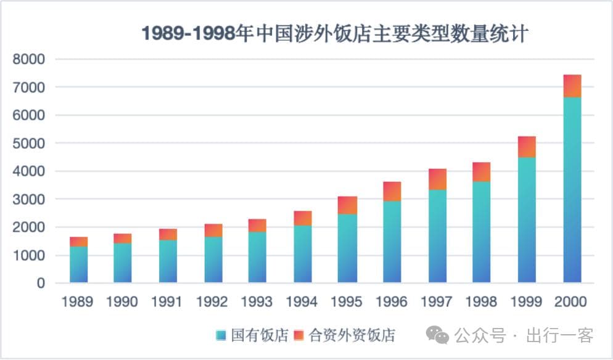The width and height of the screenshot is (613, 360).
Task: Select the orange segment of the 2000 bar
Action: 572,86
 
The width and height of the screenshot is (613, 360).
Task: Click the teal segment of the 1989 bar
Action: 78,264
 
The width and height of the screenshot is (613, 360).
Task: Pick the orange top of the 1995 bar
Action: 348,205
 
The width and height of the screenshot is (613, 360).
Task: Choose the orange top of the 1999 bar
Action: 527,147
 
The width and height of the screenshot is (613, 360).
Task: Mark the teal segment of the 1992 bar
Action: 213,260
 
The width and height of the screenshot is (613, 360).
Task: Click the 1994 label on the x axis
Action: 302,301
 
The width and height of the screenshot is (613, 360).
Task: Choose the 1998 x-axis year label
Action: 481,301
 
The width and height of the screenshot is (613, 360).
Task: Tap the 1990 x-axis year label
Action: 122,301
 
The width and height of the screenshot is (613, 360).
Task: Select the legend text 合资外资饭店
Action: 352,335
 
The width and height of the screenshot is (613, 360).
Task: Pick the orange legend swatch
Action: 299,335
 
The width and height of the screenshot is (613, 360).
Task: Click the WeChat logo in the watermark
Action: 440,335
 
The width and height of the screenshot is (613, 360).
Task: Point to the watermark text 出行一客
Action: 559,335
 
